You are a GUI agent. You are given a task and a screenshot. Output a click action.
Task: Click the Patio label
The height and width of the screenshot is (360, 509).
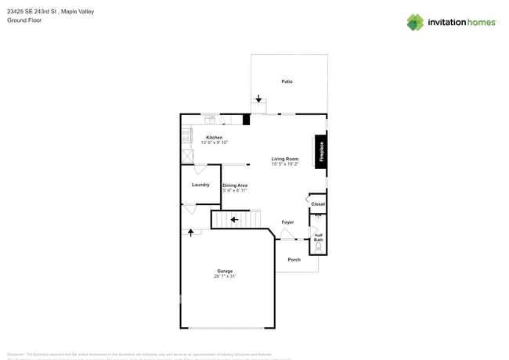[x=287, y=81]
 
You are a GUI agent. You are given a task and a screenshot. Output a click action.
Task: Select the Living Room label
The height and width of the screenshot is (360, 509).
[x=285, y=159]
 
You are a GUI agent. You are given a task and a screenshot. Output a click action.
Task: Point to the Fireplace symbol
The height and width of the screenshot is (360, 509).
[x=321, y=151]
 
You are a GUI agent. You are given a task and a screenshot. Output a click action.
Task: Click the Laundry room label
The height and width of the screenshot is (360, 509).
[x=200, y=185]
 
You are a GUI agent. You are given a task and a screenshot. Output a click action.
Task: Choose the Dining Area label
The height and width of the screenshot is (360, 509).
[x=235, y=185]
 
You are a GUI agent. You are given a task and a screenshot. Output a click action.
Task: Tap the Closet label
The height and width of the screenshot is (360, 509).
[x=318, y=204]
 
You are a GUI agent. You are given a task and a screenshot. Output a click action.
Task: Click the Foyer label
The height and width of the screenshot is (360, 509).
[x=287, y=222]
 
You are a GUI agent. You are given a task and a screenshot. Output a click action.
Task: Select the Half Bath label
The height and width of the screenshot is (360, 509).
[x=319, y=237]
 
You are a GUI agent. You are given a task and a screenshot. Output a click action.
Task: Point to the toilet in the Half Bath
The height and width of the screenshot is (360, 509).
[x=318, y=247]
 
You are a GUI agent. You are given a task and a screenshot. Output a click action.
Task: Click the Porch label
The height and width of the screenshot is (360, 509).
[x=294, y=260]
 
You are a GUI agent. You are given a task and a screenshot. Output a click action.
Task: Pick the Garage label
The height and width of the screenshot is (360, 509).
[x=225, y=272]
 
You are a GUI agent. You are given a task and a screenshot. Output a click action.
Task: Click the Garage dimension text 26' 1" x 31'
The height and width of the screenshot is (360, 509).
[x=225, y=277]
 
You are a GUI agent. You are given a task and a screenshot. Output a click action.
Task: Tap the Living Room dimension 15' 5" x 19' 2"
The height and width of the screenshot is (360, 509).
[x=285, y=164]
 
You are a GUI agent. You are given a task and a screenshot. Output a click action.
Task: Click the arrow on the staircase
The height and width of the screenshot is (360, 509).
[x=233, y=220]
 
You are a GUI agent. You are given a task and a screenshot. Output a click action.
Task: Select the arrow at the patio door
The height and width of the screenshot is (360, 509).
[x=258, y=99]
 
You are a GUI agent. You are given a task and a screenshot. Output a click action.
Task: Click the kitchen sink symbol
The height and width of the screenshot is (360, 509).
[x=210, y=120]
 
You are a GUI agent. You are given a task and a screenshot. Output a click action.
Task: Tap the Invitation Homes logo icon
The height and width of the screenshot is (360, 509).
[x=415, y=22]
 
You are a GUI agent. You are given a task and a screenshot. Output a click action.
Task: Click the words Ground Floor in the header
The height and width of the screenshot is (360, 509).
[x=24, y=20]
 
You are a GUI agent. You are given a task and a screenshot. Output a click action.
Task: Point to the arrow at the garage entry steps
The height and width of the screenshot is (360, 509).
[x=190, y=232]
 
